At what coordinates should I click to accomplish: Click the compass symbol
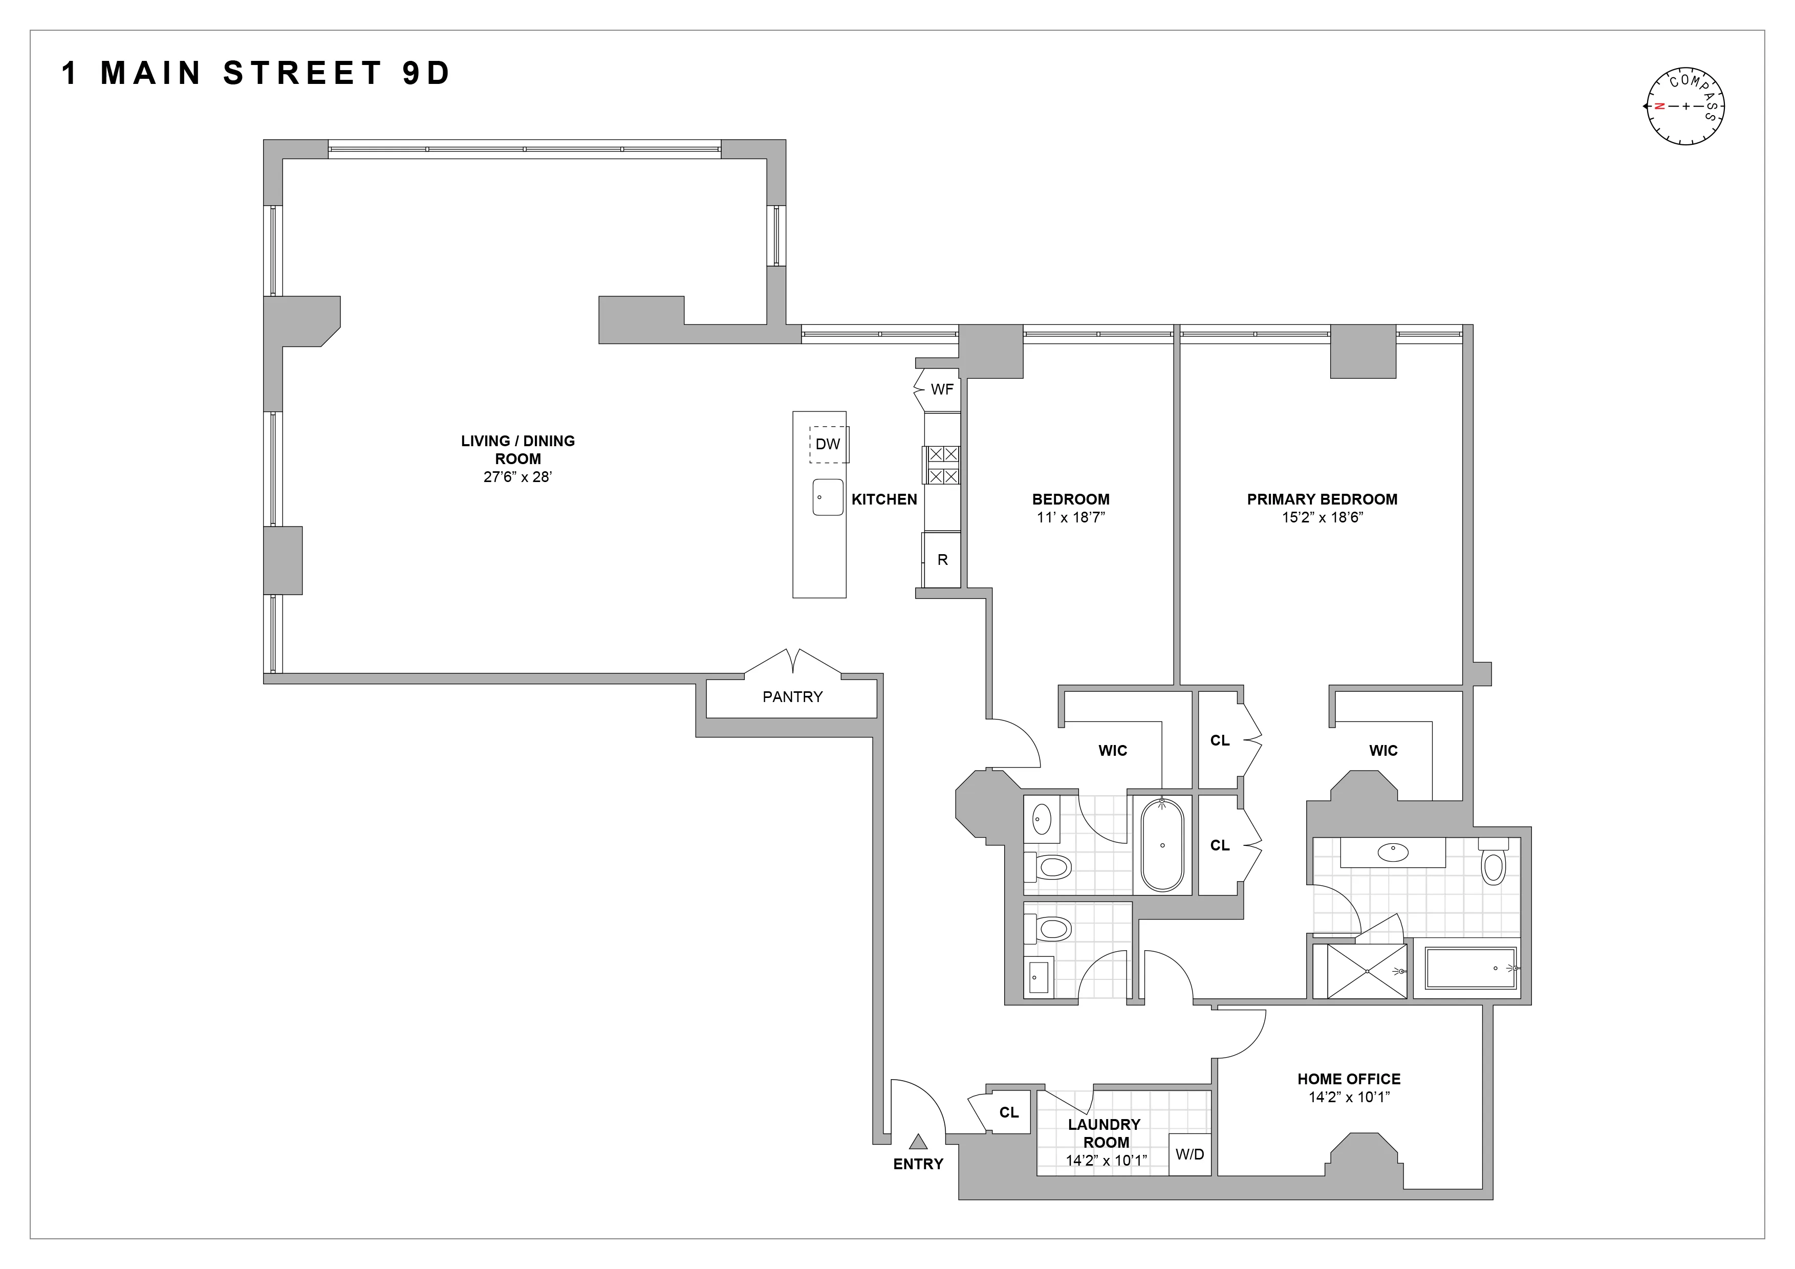coord(1685,106)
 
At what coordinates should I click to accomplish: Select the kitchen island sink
coord(827,497)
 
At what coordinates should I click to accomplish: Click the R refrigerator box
coord(942,559)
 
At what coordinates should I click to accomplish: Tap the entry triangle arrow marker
coord(918,1142)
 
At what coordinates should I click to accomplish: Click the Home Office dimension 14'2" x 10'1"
coord(1349,1097)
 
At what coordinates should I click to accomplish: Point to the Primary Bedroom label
coord(1321,498)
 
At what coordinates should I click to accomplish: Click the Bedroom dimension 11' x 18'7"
coord(1070,517)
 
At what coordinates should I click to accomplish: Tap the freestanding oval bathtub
coord(1162,845)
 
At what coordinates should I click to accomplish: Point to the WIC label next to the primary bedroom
coord(1383,750)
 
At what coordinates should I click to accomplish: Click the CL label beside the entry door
coord(1008,1112)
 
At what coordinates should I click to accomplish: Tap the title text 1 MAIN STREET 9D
coord(256,74)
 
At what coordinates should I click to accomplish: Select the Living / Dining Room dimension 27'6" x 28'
coord(517,477)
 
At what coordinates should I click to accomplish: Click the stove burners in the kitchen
coord(942,465)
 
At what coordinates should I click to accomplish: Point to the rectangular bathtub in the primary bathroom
coord(1470,969)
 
